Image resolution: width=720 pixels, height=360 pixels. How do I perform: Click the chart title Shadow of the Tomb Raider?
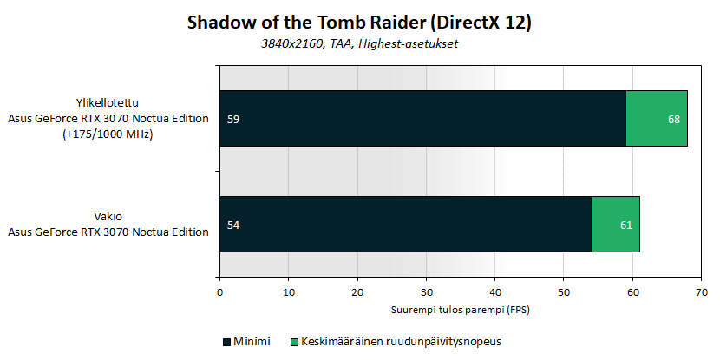coord(358,23)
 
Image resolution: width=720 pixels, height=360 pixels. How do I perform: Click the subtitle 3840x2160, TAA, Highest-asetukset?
coord(359,44)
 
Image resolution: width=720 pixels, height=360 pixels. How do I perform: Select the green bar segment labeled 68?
coord(657,119)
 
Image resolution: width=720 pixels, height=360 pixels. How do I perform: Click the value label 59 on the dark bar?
coord(233,120)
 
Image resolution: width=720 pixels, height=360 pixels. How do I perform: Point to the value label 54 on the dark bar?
coord(233,225)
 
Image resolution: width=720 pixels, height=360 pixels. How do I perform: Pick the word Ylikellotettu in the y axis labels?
coord(108,102)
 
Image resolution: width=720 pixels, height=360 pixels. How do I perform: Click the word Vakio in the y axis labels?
coord(108,216)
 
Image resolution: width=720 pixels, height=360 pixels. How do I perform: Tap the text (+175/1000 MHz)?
coord(108,135)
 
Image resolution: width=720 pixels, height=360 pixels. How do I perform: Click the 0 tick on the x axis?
coord(220,293)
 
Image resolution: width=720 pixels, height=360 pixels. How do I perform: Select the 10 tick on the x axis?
coord(288,293)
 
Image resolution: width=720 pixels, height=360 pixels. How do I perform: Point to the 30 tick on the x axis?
coord(426,293)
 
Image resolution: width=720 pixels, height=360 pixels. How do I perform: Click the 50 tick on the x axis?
coord(564,293)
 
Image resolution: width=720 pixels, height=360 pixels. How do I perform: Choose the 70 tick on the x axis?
coord(701,293)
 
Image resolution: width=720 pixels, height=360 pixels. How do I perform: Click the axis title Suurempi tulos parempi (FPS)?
coord(461,310)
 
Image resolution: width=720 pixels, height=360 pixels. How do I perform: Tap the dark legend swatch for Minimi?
coord(226,342)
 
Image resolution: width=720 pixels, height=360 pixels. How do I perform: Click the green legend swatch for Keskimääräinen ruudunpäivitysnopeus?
coord(293,342)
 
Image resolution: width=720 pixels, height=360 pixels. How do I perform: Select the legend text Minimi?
coord(252,342)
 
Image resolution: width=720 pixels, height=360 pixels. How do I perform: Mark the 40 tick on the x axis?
coord(495,293)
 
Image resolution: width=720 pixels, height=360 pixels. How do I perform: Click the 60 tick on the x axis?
coord(632,293)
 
